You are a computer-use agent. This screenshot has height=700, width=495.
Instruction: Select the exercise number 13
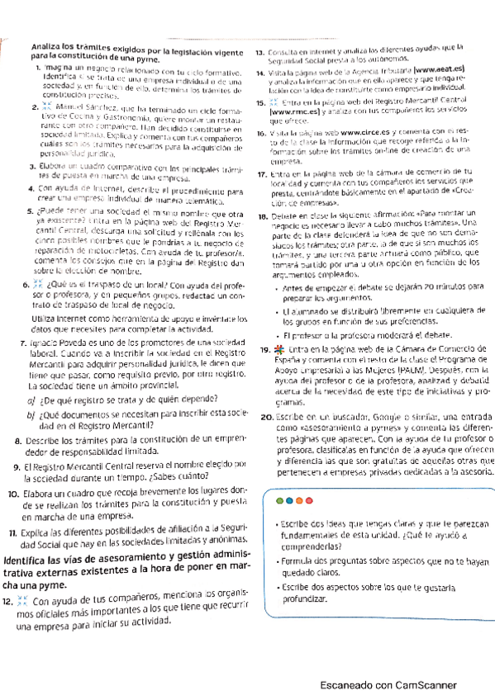(259, 52)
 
